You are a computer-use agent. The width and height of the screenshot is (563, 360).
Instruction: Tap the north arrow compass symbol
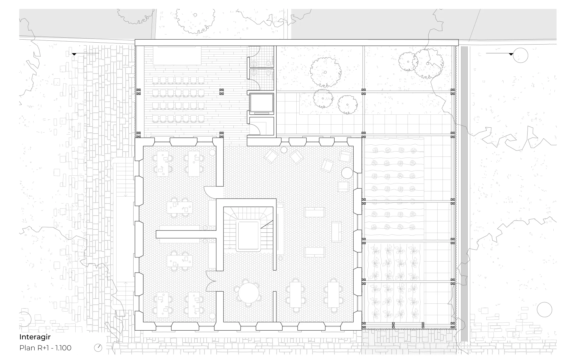coord(98,348)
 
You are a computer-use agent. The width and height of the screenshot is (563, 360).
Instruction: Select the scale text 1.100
coord(63,348)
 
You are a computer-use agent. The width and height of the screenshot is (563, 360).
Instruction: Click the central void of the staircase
coord(248,235)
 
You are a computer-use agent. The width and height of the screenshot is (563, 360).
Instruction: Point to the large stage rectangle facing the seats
coord(177,56)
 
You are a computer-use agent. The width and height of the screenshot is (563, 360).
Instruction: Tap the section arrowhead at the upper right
coord(511,54)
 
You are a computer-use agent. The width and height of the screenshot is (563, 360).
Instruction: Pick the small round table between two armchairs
coord(284,150)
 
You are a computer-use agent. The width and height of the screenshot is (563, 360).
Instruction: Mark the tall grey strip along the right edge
coord(464,193)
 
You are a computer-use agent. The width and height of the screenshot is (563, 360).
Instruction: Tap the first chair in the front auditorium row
coord(155,80)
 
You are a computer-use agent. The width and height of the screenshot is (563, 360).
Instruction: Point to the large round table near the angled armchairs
coord(347,173)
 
